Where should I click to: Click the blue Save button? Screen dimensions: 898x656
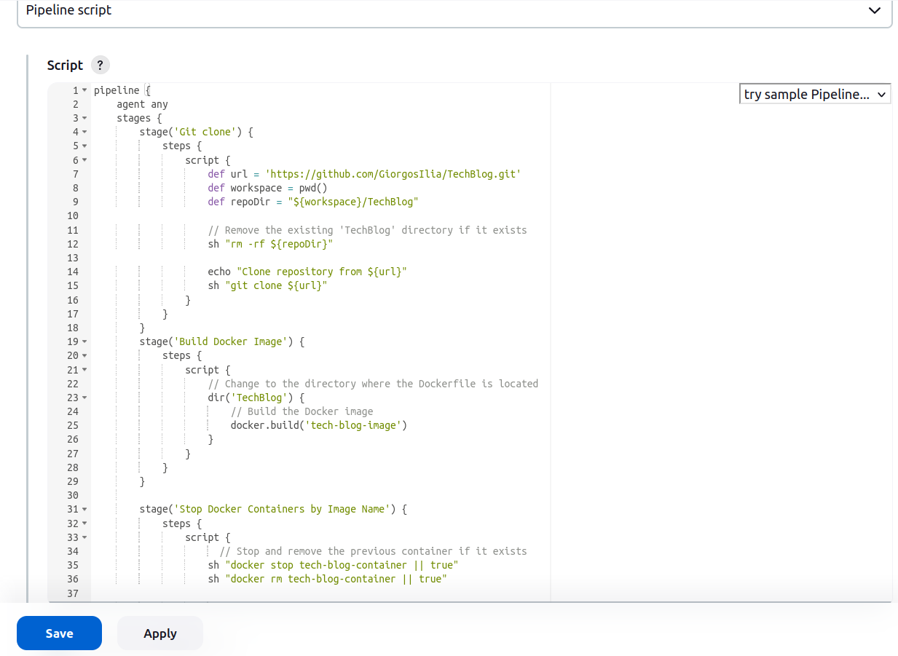coord(59,633)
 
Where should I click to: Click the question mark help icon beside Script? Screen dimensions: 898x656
coord(101,65)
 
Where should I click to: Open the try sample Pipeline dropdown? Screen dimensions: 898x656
coord(815,94)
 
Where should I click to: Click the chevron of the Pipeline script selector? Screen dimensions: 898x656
coord(875,10)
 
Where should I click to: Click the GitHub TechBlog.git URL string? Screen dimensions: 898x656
coord(393,174)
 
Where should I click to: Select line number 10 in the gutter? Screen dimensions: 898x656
coord(73,216)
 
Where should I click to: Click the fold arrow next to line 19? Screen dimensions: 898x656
coord(84,341)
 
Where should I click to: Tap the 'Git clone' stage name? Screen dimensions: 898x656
coord(205,132)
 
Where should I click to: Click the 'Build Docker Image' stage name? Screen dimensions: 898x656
coord(231,341)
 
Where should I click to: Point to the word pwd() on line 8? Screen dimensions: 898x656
coord(313,188)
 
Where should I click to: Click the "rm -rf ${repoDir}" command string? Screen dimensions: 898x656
coord(279,244)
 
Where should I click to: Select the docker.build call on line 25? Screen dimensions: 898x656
coord(319,425)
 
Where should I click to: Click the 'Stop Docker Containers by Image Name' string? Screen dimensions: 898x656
coord(282,509)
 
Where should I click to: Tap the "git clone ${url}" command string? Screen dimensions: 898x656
coord(276,285)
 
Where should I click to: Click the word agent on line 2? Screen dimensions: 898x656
coord(130,104)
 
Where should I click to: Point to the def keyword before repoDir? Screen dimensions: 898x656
coord(216,202)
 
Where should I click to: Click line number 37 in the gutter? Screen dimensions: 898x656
coord(73,593)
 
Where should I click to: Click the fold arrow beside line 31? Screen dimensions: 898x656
coord(84,510)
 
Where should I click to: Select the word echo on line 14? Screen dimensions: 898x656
coord(219,272)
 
